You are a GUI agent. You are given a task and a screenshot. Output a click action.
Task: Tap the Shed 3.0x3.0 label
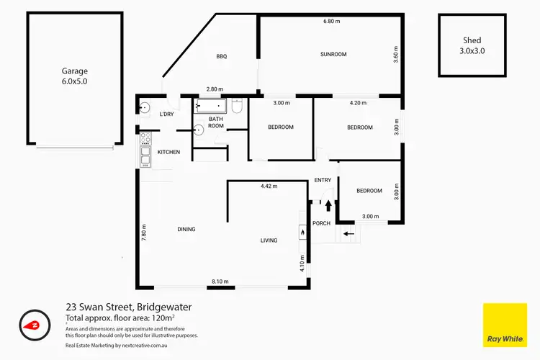[472, 45]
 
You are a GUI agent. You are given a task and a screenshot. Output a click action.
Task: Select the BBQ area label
[221, 57]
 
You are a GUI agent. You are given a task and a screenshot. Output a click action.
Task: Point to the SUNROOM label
[333, 54]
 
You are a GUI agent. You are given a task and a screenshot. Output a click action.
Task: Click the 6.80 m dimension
[332, 22]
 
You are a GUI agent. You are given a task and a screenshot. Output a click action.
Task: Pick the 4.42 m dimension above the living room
[269, 186]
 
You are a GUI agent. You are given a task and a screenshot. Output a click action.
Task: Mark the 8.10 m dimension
[220, 282]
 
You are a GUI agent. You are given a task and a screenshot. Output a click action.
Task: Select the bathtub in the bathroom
[211, 107]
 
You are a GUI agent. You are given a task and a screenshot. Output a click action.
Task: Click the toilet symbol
[237, 107]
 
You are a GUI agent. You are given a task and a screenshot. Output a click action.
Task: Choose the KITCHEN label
[168, 152]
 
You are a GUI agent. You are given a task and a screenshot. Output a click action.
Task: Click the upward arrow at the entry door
[328, 206]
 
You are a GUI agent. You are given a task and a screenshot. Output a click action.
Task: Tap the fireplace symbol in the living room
[302, 232]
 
